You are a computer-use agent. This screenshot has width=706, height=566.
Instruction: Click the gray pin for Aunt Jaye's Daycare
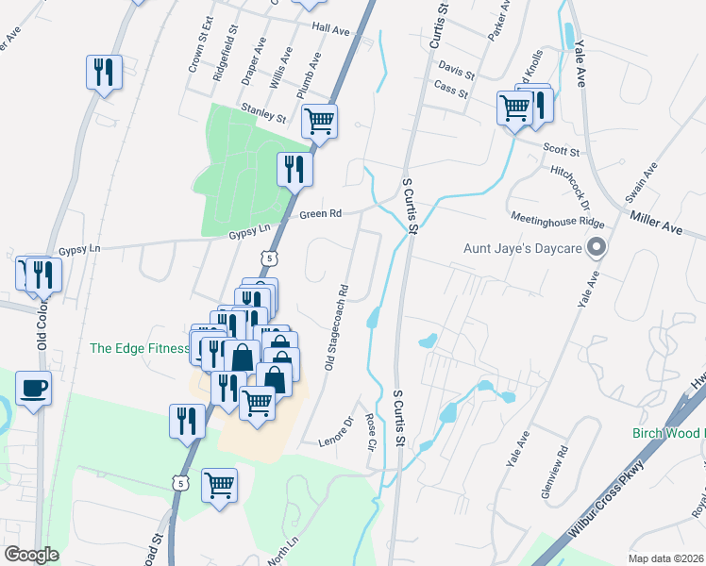tap(596, 248)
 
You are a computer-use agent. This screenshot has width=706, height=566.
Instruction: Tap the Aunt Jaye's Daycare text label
tap(522, 250)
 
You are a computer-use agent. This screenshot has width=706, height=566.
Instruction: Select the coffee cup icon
tap(33, 389)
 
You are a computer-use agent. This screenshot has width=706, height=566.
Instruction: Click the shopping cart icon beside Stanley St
tap(320, 121)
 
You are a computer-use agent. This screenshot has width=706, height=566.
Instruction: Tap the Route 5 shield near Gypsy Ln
tap(270, 258)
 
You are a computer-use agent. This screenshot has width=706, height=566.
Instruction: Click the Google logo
tap(31, 555)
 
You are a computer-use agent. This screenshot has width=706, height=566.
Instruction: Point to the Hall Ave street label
tap(330, 30)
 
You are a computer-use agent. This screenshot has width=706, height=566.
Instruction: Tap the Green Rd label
tap(320, 214)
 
